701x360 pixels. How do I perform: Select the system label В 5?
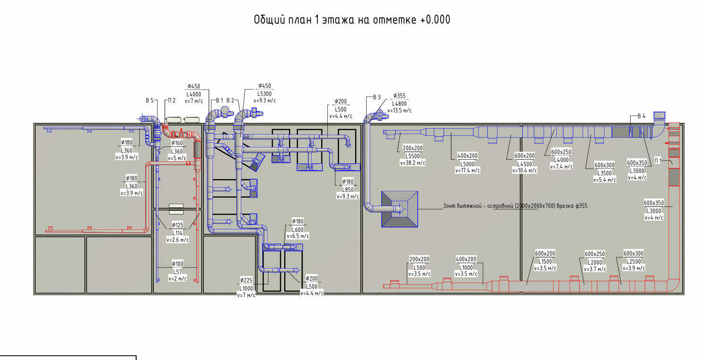150,101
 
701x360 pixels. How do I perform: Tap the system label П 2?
172,101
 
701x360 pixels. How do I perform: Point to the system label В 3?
377,97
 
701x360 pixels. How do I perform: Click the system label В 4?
641,116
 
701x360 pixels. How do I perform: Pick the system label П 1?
658,161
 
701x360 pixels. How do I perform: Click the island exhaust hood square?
400,209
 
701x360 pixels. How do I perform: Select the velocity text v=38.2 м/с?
412,163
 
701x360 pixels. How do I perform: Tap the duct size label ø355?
399,95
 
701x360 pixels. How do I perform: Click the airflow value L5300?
265,94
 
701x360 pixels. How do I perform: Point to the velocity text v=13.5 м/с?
399,111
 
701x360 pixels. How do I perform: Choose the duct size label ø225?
246,280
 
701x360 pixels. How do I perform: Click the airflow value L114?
178,233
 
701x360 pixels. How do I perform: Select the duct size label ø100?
178,264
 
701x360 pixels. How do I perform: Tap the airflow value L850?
348,189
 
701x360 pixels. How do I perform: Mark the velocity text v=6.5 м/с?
298,236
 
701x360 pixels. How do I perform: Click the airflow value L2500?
633,261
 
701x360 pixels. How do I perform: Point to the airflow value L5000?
467,164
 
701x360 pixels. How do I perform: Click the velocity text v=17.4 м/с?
467,171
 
